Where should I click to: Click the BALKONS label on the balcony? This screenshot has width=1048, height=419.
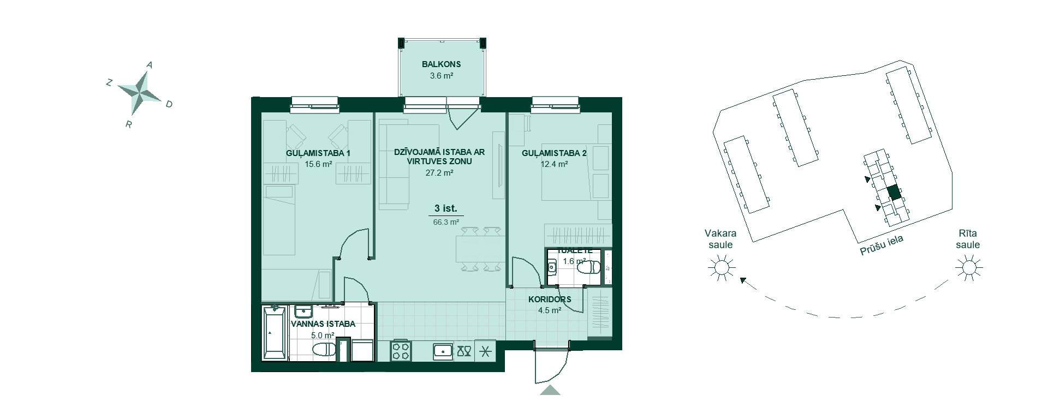point(441,64)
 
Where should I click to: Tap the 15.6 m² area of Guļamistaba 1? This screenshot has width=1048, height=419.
point(319,164)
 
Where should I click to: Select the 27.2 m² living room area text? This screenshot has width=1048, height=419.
point(439,172)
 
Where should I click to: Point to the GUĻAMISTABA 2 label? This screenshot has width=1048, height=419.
point(554,153)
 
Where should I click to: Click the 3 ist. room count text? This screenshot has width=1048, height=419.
point(445,208)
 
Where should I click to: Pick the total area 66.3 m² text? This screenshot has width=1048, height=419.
point(446,222)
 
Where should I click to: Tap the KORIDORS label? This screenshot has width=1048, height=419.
point(550,300)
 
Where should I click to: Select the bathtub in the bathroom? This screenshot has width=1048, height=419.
point(275,333)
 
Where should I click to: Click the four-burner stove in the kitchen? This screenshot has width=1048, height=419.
point(401,350)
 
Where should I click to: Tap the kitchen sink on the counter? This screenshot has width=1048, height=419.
point(443,350)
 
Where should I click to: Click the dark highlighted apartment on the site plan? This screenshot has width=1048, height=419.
point(894,193)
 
